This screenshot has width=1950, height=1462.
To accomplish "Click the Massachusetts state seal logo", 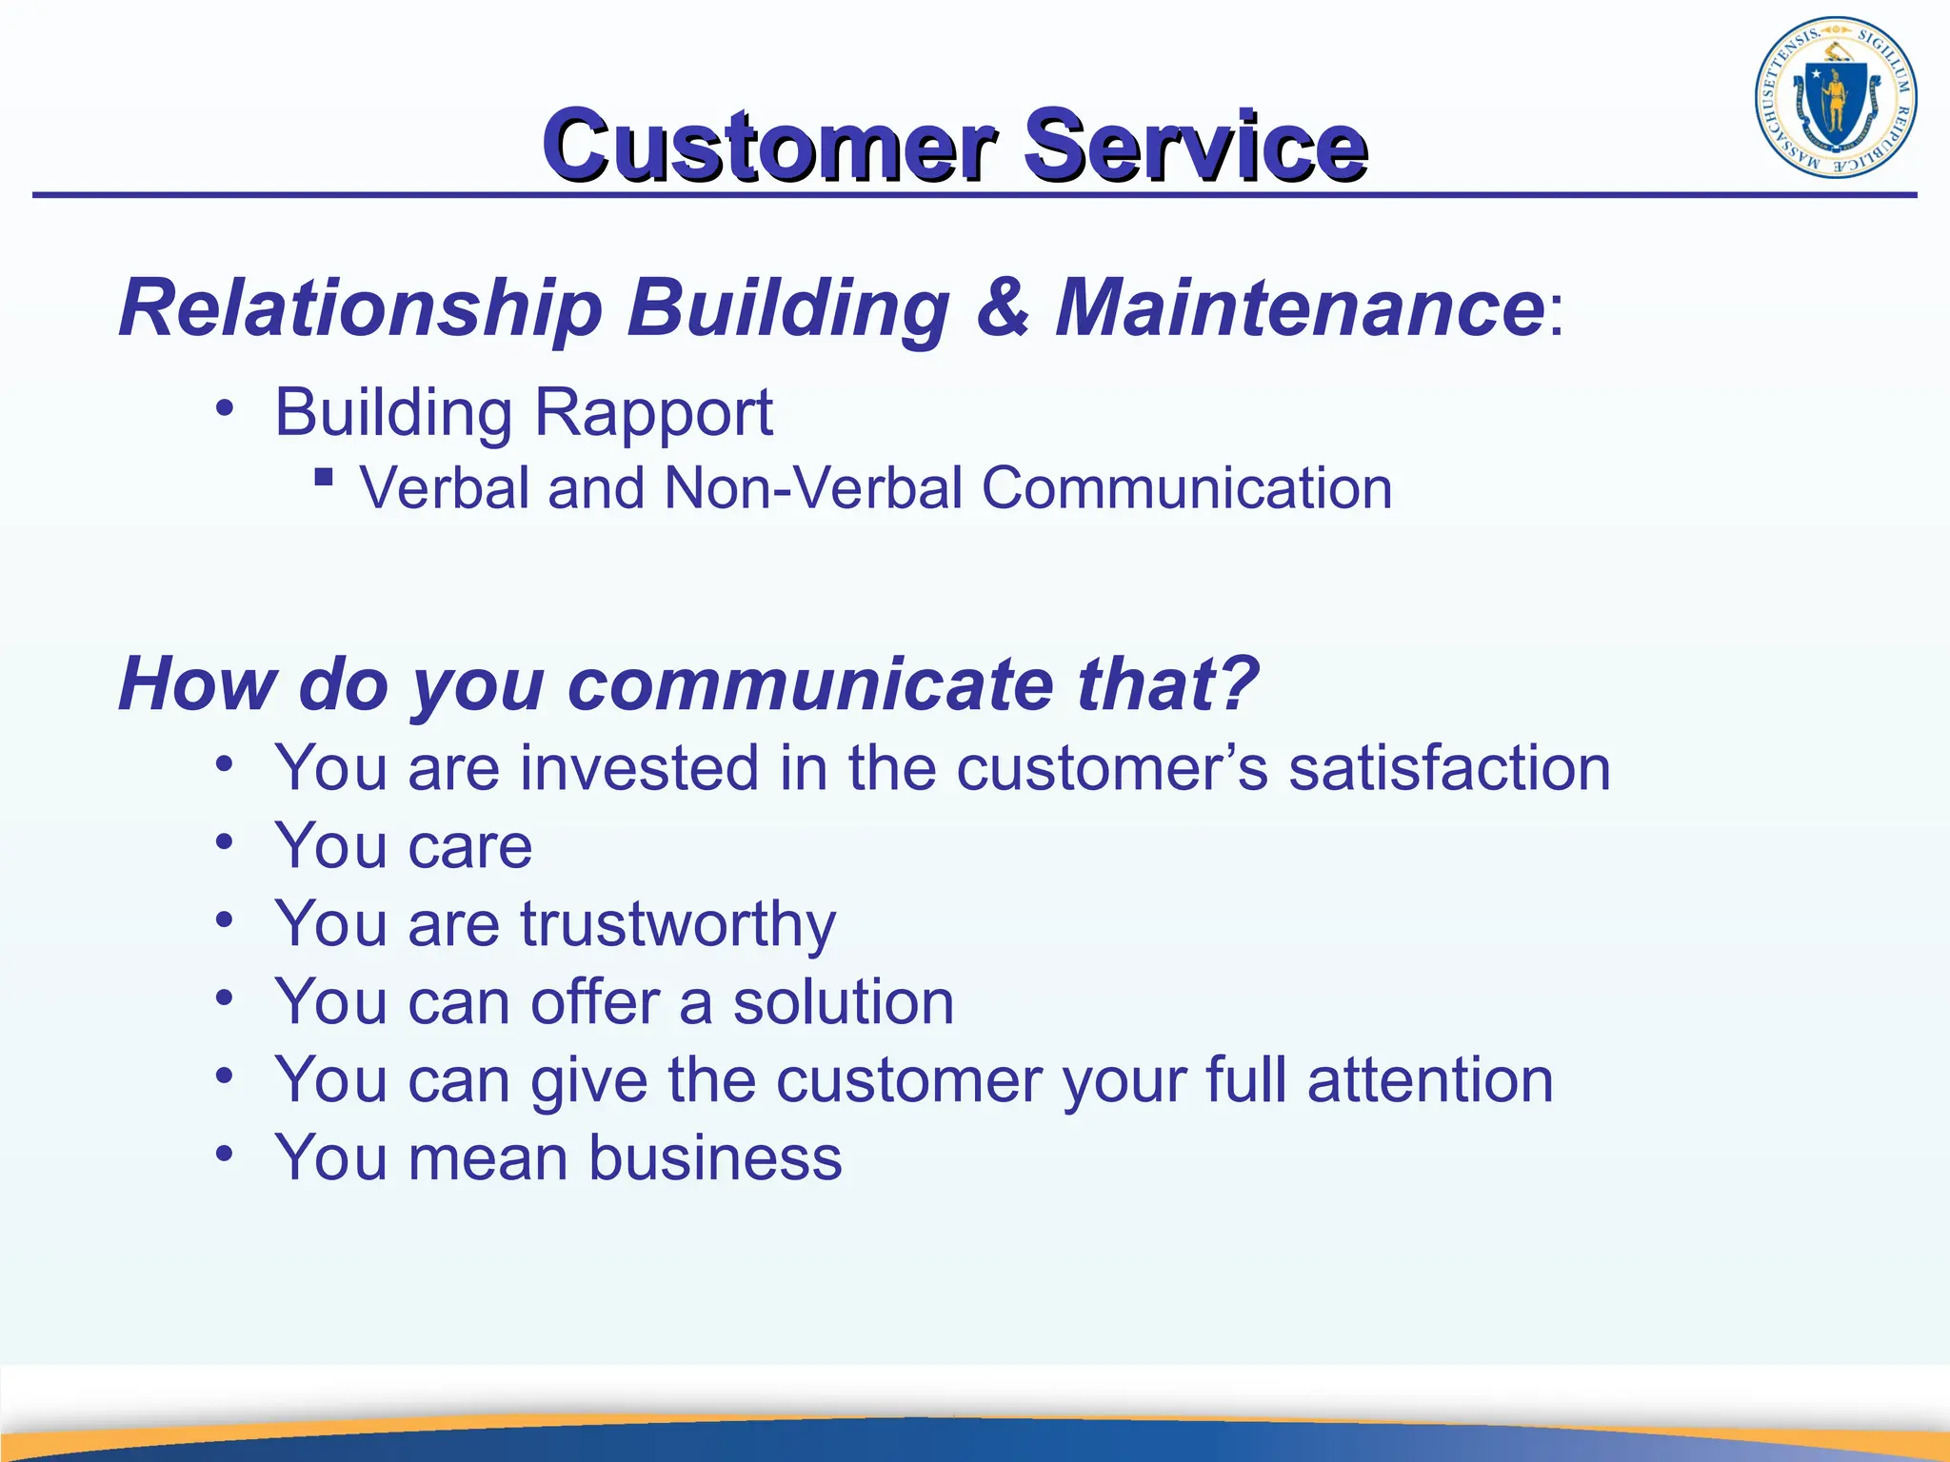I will tap(1836, 98).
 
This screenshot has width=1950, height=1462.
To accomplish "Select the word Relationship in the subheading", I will tap(361, 308).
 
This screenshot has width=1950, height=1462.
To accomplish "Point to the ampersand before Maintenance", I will tap(1003, 306).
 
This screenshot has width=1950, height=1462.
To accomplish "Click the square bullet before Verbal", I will tap(324, 476).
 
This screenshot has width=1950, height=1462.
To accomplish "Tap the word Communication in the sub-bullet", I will tap(1186, 488).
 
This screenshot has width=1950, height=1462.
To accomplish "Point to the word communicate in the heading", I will tap(811, 684).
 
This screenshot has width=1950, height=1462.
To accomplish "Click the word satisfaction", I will tap(1448, 768).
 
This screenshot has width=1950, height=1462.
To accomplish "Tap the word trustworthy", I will tap(678, 925).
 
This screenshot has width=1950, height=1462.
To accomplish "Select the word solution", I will tap(843, 1002).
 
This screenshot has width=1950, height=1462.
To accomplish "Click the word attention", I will tap(1430, 1080).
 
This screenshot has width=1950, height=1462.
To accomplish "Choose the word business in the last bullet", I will tap(715, 1158).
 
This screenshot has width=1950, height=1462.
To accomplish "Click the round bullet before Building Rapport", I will tap(225, 408).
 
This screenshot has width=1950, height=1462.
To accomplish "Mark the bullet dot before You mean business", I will tap(225, 1154).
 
